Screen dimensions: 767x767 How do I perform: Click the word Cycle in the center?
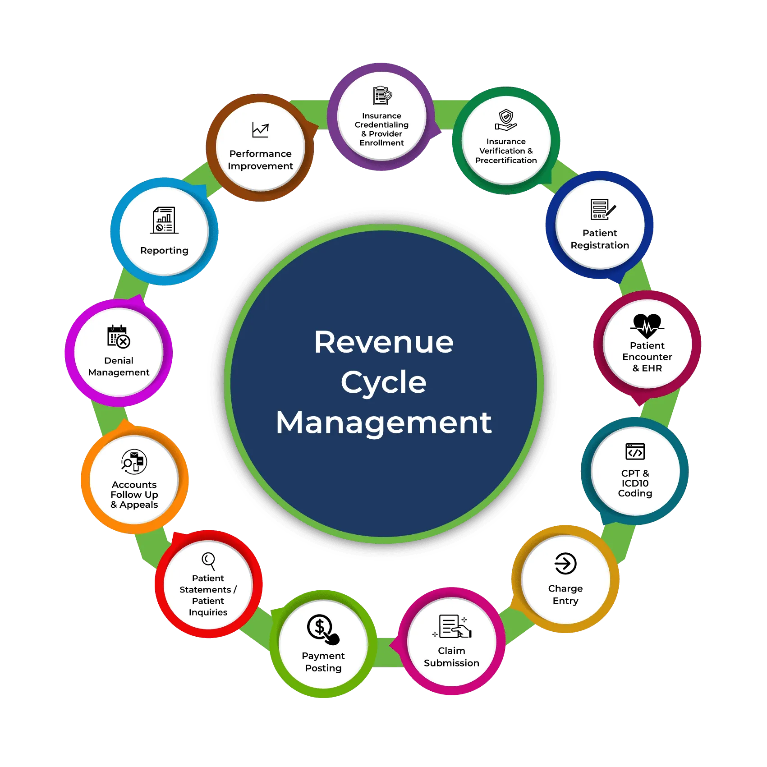click(383, 382)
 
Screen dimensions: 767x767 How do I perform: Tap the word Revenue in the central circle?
click(384, 342)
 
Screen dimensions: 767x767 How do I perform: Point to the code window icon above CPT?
click(635, 451)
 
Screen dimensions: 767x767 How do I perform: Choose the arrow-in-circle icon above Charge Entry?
click(565, 564)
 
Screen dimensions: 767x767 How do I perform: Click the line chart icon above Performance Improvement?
click(260, 130)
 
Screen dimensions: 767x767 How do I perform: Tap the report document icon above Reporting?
click(164, 220)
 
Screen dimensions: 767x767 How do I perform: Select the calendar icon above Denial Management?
click(119, 337)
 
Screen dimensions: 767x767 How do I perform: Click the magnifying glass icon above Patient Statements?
click(208, 561)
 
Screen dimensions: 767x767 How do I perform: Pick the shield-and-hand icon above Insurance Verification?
click(506, 120)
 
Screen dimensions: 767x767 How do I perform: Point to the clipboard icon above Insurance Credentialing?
click(382, 96)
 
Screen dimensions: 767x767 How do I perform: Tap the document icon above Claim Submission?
click(452, 626)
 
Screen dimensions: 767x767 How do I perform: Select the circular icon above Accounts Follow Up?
click(134, 462)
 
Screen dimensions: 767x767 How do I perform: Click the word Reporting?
click(164, 251)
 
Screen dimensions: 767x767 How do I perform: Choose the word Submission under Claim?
click(451, 663)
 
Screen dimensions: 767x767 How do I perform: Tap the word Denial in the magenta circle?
click(119, 361)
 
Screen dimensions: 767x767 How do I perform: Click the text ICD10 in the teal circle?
click(635, 483)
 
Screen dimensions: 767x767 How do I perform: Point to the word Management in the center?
click(384, 423)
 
